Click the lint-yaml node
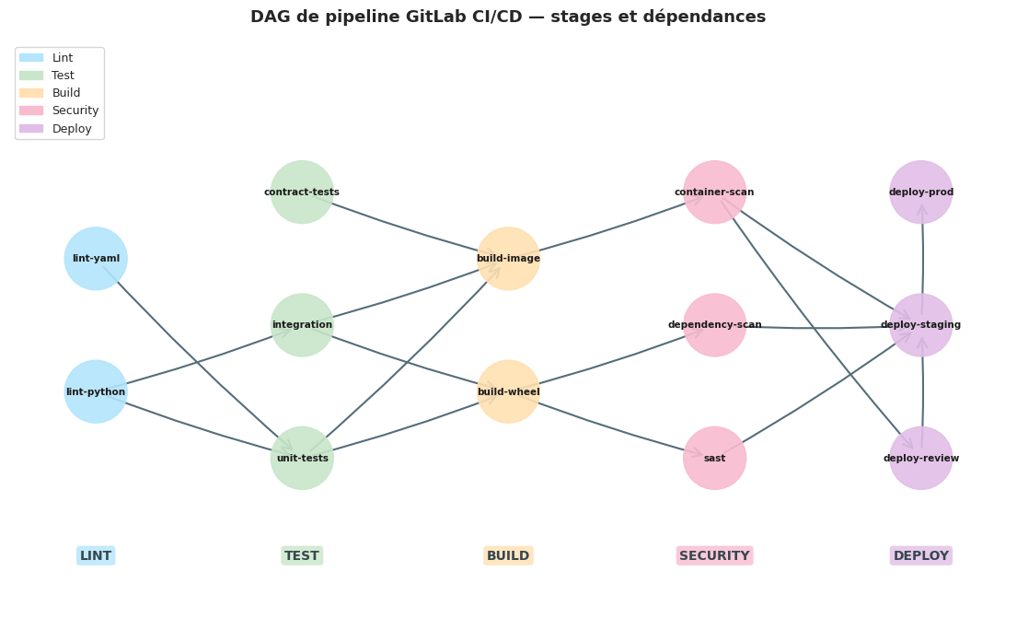coord(96,259)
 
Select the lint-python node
coord(96,391)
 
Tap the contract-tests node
coord(302,192)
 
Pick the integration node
coord(302,325)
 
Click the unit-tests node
coord(302,458)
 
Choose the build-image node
coord(508,259)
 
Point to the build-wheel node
coord(508,391)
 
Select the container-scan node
coord(714,192)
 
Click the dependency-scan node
coord(714,325)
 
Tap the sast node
coord(714,458)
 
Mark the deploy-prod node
coord(920,192)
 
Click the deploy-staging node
coord(920,325)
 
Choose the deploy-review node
coord(920,458)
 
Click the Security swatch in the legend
coord(31,111)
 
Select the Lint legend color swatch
coord(31,58)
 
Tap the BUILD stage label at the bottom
coord(508,555)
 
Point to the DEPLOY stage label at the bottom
coord(920,555)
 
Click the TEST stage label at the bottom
coord(302,555)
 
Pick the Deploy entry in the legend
coord(72,129)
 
